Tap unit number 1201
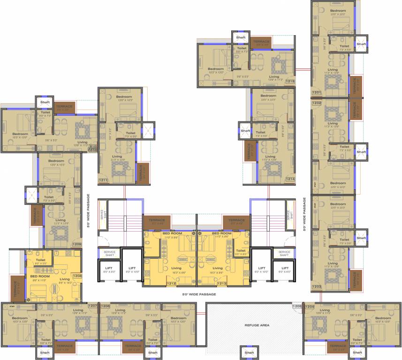(x=316, y=93)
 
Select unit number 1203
(x=316, y=286)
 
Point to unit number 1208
(x=77, y=276)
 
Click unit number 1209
(x=76, y=244)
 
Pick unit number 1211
(x=104, y=180)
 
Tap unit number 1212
(x=172, y=284)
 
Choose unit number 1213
(x=222, y=284)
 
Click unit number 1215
(x=290, y=82)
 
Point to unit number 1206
(x=106, y=306)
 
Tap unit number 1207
(x=92, y=306)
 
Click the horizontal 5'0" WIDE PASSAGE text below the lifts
(x=199, y=294)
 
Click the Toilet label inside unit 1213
(x=241, y=251)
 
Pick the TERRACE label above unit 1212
(x=157, y=220)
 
